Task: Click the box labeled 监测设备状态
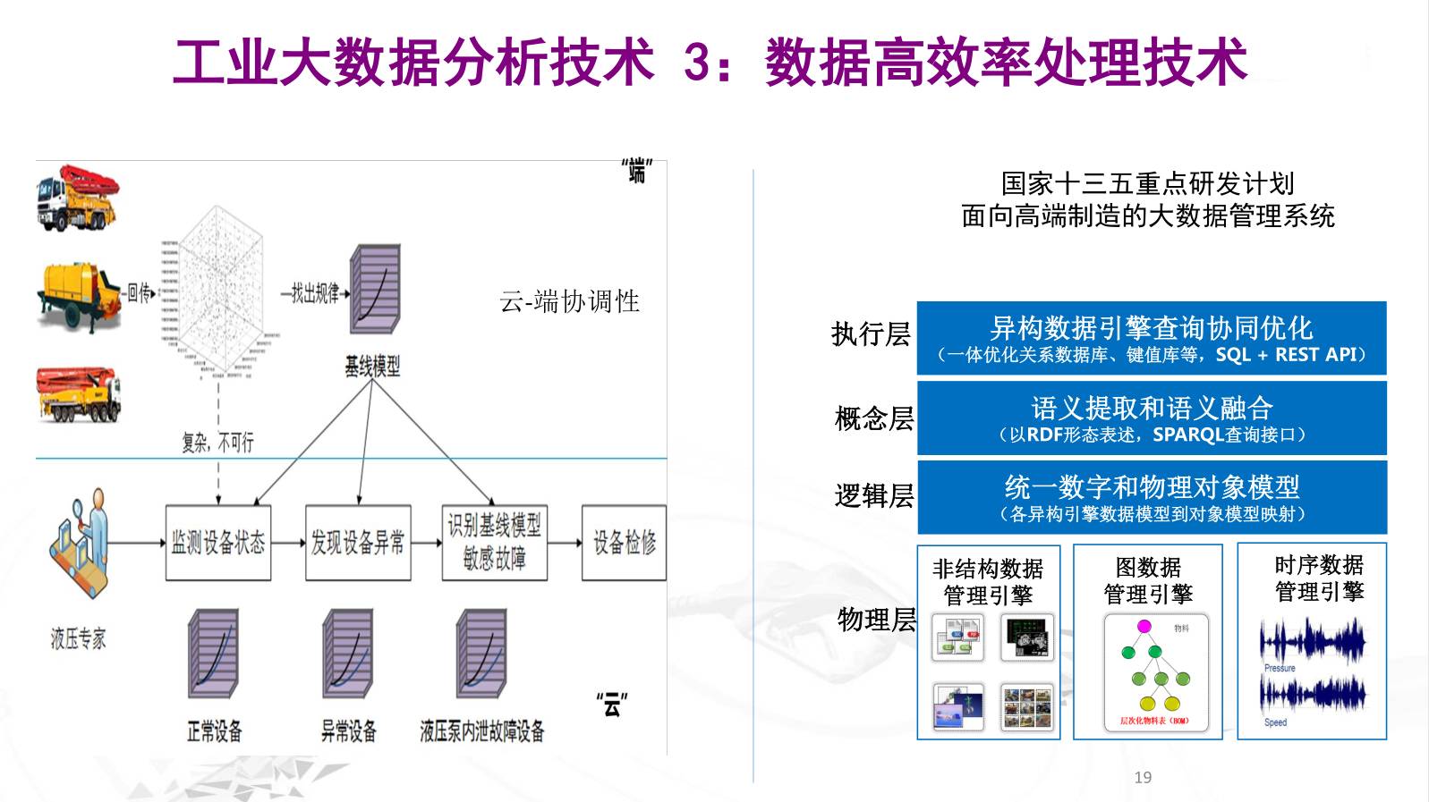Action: click(x=218, y=543)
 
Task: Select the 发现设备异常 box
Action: click(x=358, y=543)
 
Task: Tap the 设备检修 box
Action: click(x=624, y=543)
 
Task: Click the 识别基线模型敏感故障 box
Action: click(x=494, y=542)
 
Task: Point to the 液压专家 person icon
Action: click(x=81, y=536)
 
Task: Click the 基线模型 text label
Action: click(x=372, y=366)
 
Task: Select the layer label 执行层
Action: click(x=871, y=334)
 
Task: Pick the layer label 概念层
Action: click(x=873, y=418)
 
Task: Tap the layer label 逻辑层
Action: click(x=873, y=495)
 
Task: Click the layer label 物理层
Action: click(x=876, y=620)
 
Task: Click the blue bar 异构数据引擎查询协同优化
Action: click(x=1151, y=338)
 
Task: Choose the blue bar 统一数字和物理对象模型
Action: click(x=1151, y=497)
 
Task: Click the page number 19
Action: click(x=1143, y=777)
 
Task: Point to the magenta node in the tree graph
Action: click(x=1144, y=626)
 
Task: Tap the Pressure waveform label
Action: click(x=1280, y=668)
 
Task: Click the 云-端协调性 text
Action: click(x=569, y=302)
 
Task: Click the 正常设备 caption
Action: click(x=214, y=731)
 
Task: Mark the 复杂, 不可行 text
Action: click(x=217, y=442)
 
